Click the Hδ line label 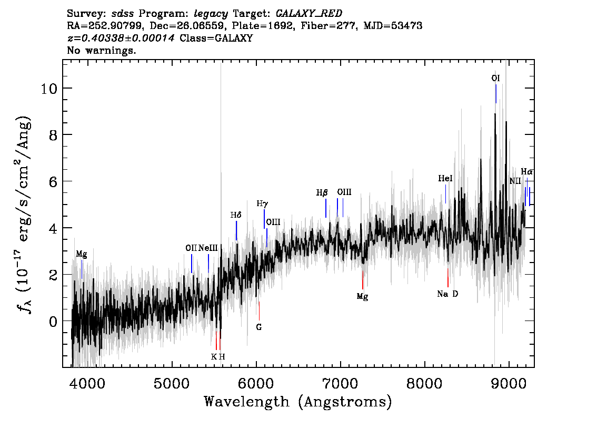point(236,215)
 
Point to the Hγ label point(262,203)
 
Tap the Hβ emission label point(322,192)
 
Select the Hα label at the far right point(526,171)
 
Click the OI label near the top point(495,78)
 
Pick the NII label point(515,181)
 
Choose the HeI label point(445,178)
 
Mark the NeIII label point(208,248)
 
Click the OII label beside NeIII point(191,248)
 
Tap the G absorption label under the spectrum point(259,327)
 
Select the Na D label point(447,294)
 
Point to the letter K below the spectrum point(214,357)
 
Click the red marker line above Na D point(447,277)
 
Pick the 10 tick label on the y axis point(48,89)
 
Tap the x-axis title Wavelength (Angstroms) point(298,402)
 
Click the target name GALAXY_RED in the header point(309,14)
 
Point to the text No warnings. point(101,50)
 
